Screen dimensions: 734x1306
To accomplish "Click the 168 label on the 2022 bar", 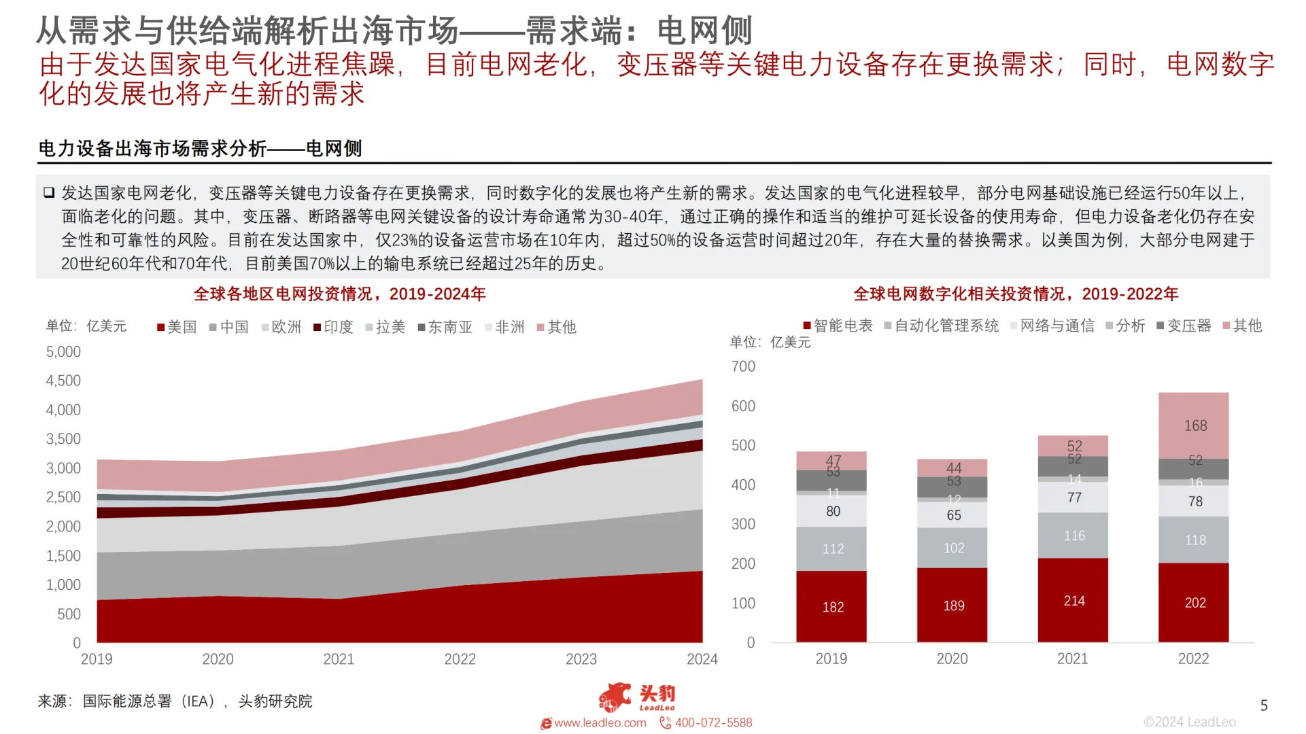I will click(1195, 425).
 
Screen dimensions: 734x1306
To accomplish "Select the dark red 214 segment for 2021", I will click(1073, 601).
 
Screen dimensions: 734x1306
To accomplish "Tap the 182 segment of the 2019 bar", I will click(832, 607).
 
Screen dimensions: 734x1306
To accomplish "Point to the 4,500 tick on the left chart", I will click(63, 381).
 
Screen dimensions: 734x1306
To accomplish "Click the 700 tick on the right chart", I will click(743, 366).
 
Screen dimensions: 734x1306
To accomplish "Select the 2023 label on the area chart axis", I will click(581, 659).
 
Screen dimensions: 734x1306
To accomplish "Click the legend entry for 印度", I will click(333, 327).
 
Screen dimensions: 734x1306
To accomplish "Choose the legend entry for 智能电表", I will click(838, 326).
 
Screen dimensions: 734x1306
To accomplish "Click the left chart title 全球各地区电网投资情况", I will click(340, 294).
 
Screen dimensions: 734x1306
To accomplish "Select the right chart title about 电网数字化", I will click(1016, 294).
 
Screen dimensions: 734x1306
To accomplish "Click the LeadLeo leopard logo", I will click(615, 697).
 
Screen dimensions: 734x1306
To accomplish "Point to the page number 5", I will click(1264, 705).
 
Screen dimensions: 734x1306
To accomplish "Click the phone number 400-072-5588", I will click(712, 722).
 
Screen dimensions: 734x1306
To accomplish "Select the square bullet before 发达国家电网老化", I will click(49, 193).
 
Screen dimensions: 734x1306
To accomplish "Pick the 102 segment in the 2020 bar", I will click(953, 548).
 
